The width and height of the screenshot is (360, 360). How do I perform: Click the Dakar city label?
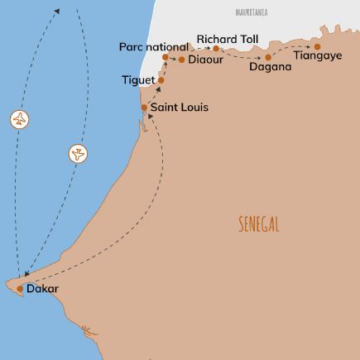coord(43,290)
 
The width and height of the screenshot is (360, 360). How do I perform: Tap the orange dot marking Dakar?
coord(21,289)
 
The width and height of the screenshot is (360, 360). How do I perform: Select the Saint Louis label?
coord(178,108)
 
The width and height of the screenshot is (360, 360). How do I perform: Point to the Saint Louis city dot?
coord(144,108)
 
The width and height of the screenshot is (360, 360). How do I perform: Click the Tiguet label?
coord(138,80)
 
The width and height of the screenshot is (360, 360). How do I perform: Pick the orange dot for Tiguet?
coord(161,80)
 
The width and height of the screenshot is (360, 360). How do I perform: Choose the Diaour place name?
coord(207,60)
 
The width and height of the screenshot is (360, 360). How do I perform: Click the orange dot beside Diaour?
coord(182,60)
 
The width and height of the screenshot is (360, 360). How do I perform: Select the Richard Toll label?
coord(227,38)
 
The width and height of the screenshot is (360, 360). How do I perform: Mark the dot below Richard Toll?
coord(215,49)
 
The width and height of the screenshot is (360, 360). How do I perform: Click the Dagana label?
coord(270,67)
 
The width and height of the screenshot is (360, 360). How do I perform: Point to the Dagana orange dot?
coord(268,56)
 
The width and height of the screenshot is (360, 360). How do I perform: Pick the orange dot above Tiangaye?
coord(317,46)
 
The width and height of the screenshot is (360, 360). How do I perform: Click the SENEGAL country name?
coord(258,224)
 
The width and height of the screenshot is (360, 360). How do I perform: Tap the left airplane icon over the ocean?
coord(20,119)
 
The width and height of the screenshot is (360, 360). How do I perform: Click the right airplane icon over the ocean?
coord(78,154)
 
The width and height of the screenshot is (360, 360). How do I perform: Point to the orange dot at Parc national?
coord(166,58)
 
